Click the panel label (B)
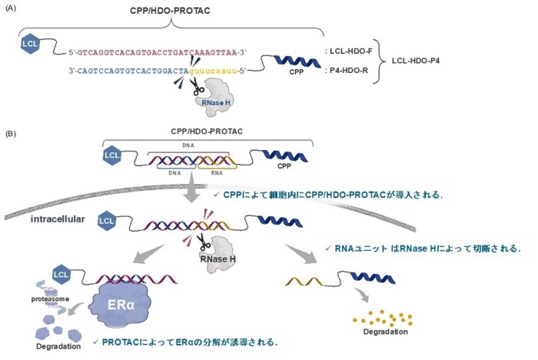pyautogui.click(x=12, y=133)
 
